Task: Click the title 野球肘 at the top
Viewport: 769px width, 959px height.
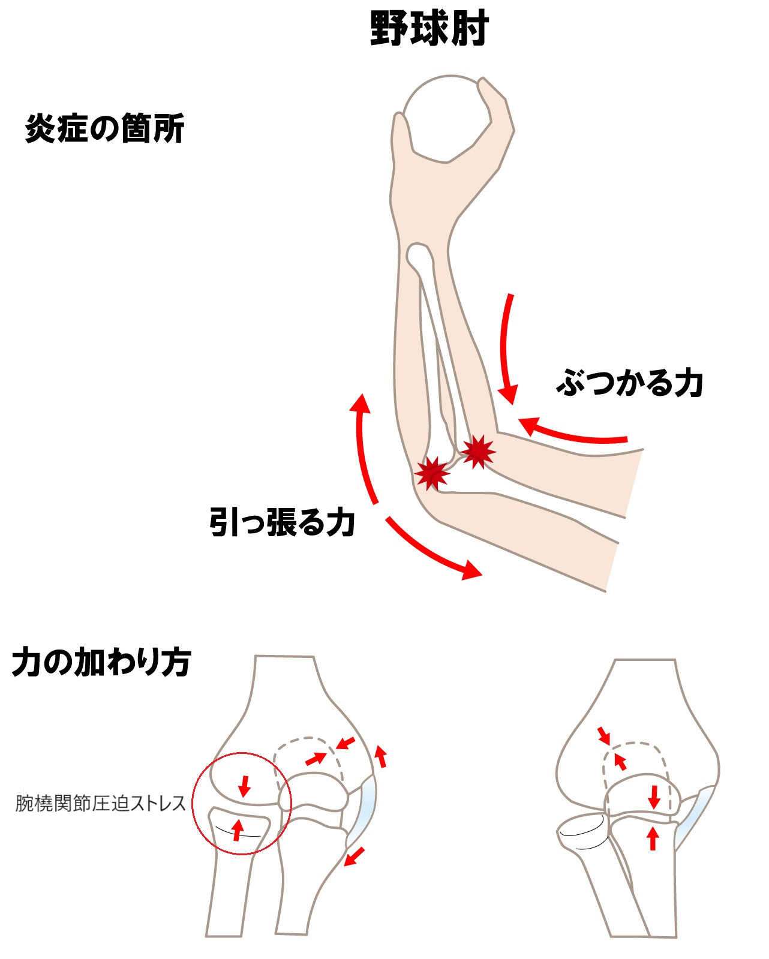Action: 429,28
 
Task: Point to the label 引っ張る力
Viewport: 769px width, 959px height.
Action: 282,522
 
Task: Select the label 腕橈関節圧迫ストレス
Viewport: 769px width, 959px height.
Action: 100,803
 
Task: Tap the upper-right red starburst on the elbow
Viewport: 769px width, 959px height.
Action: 477,451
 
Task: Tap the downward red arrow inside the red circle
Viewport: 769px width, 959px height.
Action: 244,786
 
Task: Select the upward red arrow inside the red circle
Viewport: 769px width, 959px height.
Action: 238,829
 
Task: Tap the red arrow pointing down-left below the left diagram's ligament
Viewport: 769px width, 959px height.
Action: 355,856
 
